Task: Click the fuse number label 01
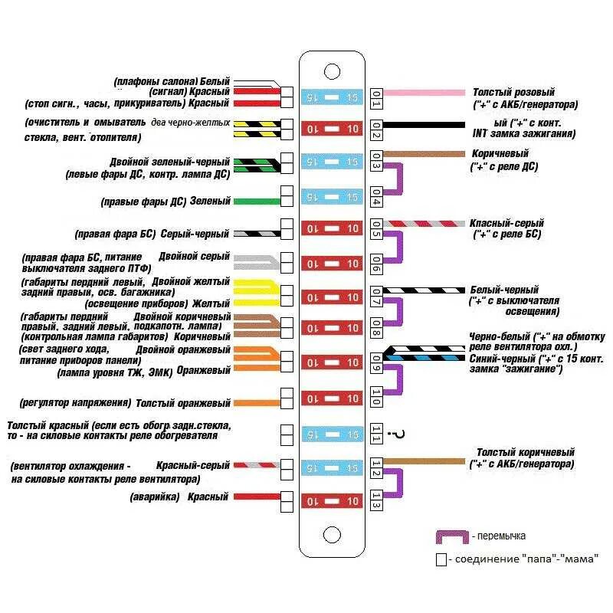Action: click(376, 97)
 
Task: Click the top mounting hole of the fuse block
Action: click(332, 71)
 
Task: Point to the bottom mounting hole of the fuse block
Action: click(332, 534)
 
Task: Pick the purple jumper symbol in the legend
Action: click(452, 536)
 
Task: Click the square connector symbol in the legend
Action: click(441, 560)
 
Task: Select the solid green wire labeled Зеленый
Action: click(257, 202)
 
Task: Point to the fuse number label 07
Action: click(376, 297)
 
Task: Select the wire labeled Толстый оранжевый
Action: click(257, 402)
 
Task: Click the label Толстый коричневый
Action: click(525, 453)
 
